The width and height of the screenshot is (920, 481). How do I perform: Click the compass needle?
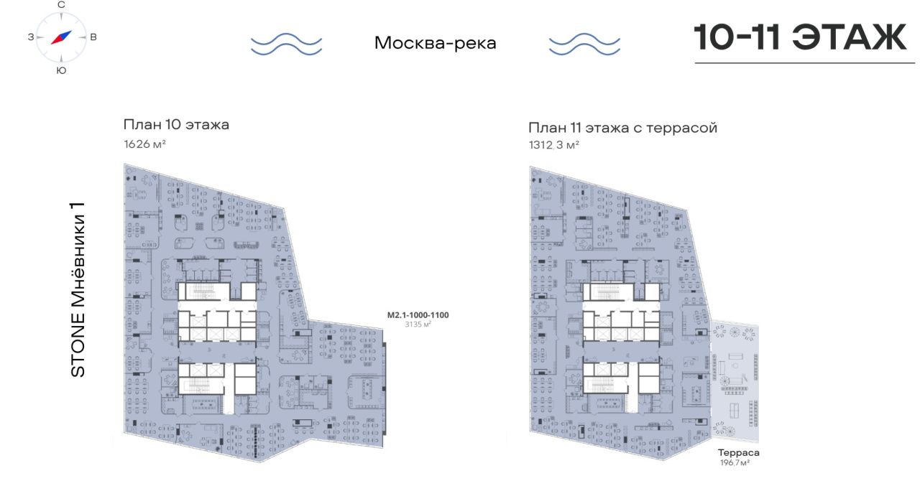61,37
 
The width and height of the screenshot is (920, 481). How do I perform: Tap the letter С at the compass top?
61,5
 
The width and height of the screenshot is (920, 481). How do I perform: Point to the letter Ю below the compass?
61,70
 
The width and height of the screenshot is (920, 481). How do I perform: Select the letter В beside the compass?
93,37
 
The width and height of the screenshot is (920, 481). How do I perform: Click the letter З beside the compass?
31,37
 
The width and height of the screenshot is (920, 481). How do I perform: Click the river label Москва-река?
436,43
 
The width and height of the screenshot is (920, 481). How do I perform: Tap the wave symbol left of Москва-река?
286,44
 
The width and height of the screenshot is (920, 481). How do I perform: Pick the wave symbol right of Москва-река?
584,44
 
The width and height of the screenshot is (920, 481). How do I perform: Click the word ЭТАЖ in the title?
850,37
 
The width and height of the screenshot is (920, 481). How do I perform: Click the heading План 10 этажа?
176,124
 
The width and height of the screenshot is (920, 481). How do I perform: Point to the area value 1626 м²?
144,144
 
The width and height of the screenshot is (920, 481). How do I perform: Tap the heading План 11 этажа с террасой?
622,128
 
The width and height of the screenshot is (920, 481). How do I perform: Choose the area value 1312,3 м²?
554,145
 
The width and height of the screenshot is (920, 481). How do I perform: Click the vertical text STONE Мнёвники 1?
78,289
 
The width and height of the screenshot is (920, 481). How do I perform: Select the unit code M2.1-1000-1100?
418,315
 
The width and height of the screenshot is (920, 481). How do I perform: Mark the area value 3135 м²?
418,324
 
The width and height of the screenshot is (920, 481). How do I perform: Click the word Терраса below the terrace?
738,453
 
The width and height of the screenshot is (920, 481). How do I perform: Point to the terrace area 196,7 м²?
735,462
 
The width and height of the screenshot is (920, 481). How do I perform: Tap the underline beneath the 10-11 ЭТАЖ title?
804,63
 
